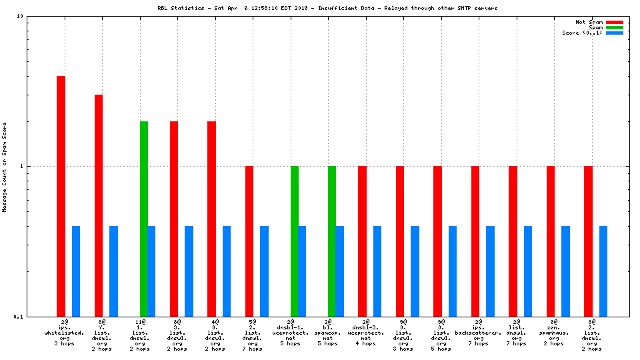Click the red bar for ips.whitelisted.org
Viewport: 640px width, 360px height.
point(61,196)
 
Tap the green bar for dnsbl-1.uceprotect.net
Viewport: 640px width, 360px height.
point(295,241)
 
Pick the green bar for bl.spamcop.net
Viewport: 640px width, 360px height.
point(332,241)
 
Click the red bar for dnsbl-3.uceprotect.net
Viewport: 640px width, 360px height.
point(362,241)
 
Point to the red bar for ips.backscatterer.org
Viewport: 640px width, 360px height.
point(475,241)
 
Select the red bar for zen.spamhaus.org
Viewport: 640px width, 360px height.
point(551,241)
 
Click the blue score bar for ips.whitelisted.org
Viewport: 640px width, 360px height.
point(76,271)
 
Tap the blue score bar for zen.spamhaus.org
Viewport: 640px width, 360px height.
point(566,271)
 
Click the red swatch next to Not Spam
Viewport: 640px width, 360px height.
point(614,22)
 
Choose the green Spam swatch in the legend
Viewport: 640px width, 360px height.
point(614,27)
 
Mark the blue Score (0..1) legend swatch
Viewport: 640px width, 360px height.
point(614,33)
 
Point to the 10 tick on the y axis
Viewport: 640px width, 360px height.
point(20,16)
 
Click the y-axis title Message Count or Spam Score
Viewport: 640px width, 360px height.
point(5,167)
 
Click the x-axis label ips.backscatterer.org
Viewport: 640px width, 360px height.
point(479,333)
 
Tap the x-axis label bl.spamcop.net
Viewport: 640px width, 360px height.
point(328,333)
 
